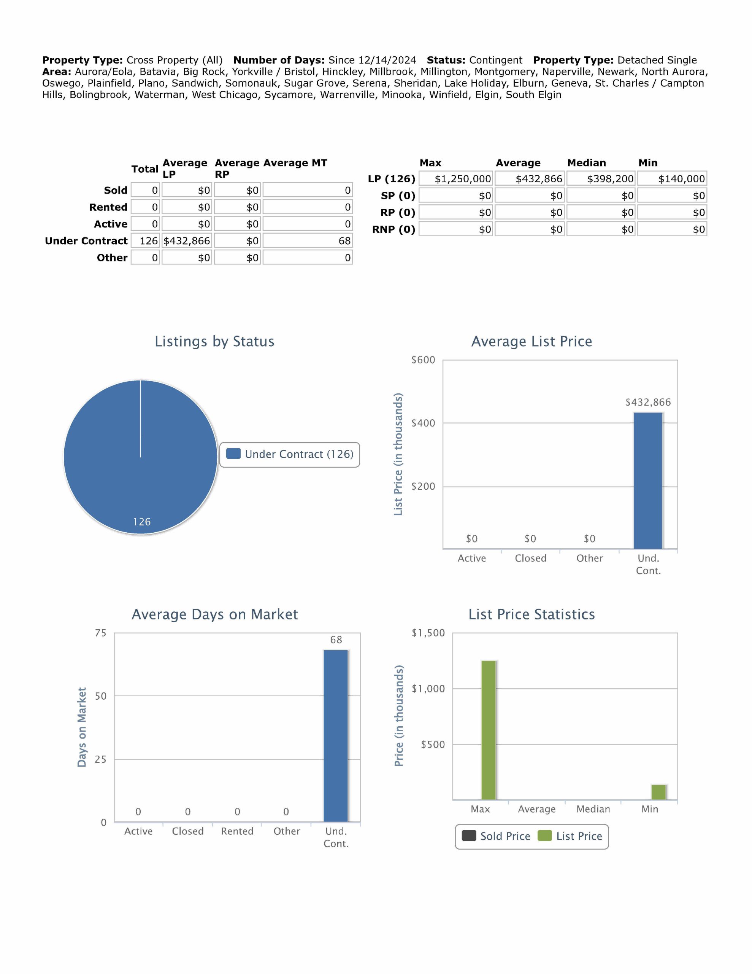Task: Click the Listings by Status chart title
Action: coord(214,341)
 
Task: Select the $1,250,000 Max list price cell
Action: coord(456,179)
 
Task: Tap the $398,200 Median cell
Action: coord(602,179)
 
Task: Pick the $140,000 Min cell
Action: coord(672,179)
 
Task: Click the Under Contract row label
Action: coord(86,241)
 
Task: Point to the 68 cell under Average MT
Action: coord(308,241)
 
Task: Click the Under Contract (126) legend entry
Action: coord(290,454)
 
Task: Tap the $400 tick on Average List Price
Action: coord(423,423)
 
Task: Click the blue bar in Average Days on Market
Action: coord(336,736)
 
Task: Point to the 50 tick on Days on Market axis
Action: coord(101,696)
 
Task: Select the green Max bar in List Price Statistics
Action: coord(489,730)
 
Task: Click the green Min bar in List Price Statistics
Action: coord(658,792)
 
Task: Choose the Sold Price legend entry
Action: coord(496,836)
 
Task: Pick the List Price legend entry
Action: coord(571,836)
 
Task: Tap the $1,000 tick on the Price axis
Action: coord(428,689)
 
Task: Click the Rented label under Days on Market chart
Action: coord(237,831)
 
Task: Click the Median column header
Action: coord(586,163)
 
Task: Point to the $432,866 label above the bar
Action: coord(648,402)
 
